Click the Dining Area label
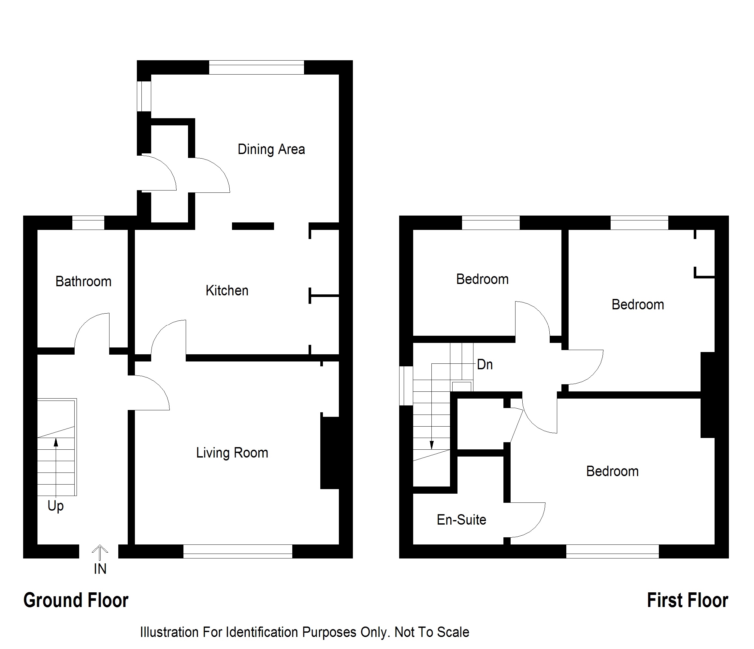[271, 149]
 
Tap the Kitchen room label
[227, 291]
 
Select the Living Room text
[232, 453]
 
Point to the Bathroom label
[83, 282]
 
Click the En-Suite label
[461, 520]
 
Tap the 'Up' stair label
[56, 506]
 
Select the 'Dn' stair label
[485, 365]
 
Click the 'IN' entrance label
[100, 569]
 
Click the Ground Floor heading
[76, 600]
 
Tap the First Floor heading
[688, 600]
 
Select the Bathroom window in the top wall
[88, 222]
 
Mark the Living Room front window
[238, 551]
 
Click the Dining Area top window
[256, 67]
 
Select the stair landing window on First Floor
[406, 386]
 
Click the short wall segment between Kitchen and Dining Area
[253, 226]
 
